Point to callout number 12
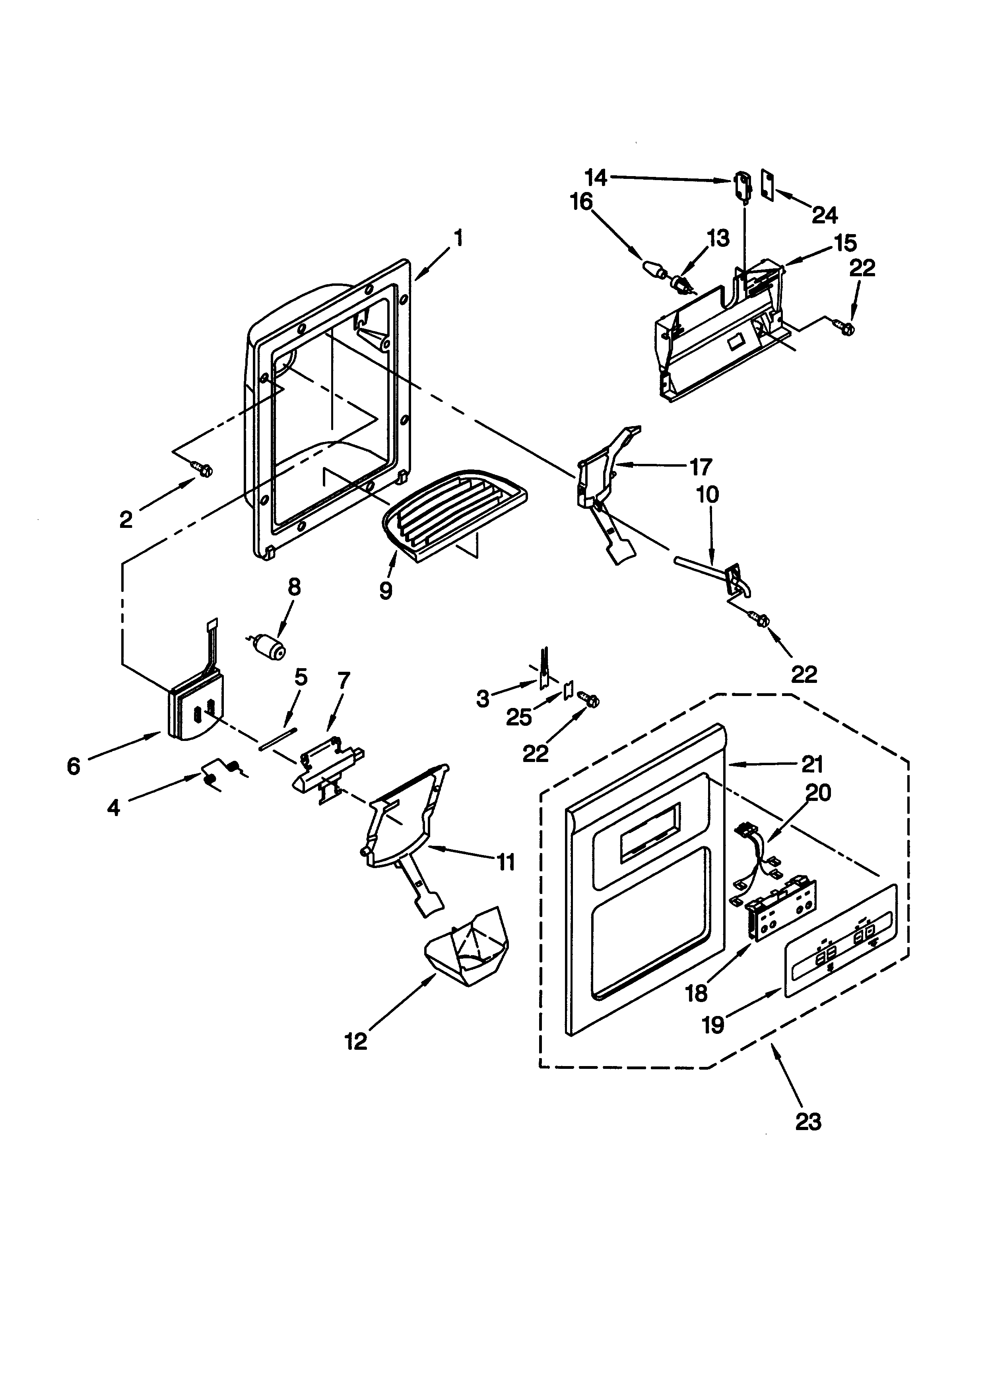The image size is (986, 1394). pyautogui.click(x=356, y=1042)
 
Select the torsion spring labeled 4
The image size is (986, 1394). pyautogui.click(x=221, y=774)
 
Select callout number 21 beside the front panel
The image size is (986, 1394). pyautogui.click(x=812, y=764)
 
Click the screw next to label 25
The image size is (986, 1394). pyautogui.click(x=589, y=700)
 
